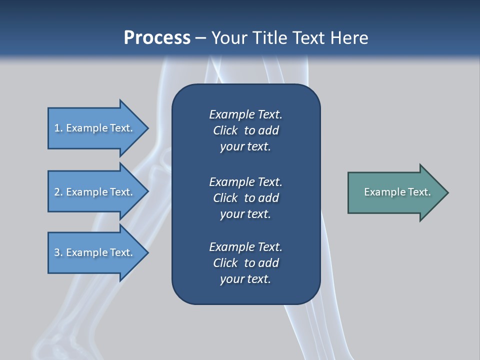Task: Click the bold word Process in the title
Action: (157, 38)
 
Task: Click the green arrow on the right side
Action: (395, 192)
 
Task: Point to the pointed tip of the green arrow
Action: (447, 192)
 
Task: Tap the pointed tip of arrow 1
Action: (147, 128)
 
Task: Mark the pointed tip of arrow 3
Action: (147, 252)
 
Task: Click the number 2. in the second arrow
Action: (58, 192)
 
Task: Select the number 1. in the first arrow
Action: (58, 128)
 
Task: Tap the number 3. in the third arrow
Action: (58, 252)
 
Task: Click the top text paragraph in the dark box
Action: (245, 130)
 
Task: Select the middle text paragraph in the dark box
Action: (245, 197)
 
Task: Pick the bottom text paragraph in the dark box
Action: (245, 263)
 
